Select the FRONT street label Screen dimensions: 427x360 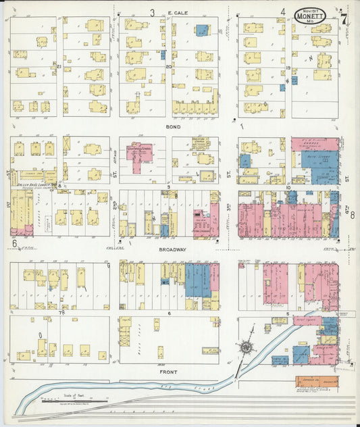tap(169, 372)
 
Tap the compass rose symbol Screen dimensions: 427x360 tap(247, 348)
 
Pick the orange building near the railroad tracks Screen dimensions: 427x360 tap(317, 382)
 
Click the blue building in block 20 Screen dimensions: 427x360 tap(202, 30)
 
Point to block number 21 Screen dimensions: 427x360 tap(59, 66)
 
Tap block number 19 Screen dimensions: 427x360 tap(288, 69)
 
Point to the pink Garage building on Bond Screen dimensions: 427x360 tap(315, 144)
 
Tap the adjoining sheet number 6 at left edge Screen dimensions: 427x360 tap(13, 242)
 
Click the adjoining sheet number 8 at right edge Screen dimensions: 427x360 tap(351, 215)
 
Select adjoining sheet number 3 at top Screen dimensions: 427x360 tap(152, 12)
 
